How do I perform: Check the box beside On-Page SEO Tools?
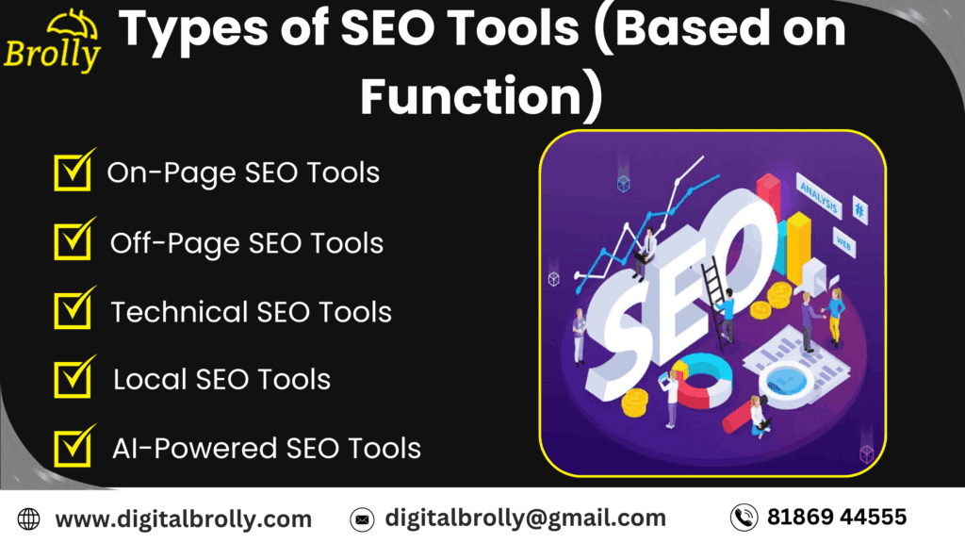coord(73,173)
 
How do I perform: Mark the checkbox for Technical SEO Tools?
coord(73,310)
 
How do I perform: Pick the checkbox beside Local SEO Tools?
coord(73,379)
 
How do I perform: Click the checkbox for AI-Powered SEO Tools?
coord(73,448)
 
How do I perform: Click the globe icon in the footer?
coord(29,518)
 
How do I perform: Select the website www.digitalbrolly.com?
coord(183,518)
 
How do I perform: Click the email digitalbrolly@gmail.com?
coord(525,518)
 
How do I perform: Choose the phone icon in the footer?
coord(744,518)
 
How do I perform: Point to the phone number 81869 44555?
coord(837,517)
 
